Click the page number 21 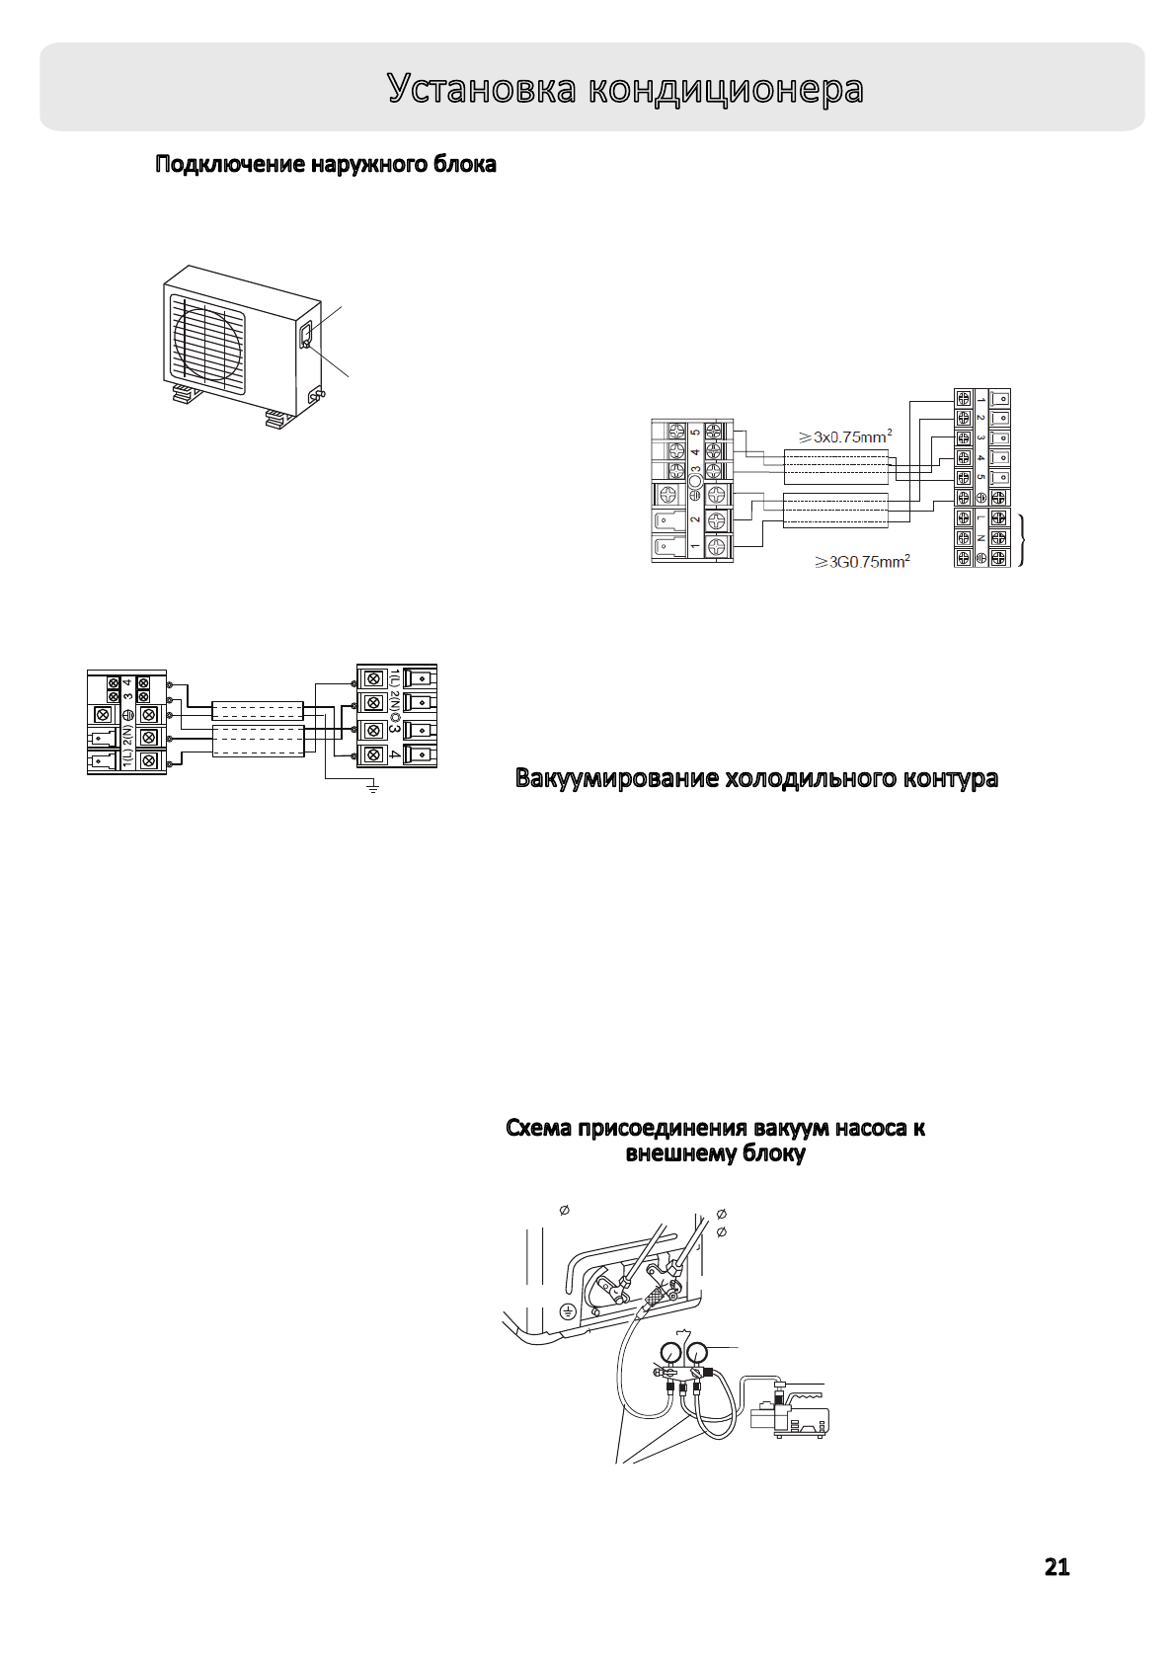pyautogui.click(x=1057, y=1567)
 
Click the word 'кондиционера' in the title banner pyautogui.click(x=726, y=89)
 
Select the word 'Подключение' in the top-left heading pyautogui.click(x=230, y=165)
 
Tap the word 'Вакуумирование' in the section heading pyautogui.click(x=616, y=778)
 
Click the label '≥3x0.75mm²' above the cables pyautogui.click(x=845, y=436)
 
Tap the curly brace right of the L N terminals pyautogui.click(x=1022, y=538)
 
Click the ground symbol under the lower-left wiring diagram pyautogui.click(x=373, y=787)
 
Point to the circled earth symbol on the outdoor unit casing pyautogui.click(x=568, y=1310)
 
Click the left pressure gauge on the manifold pyautogui.click(x=671, y=1351)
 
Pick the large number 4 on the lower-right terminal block pyautogui.click(x=395, y=755)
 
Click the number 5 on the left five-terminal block pyautogui.click(x=696, y=432)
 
